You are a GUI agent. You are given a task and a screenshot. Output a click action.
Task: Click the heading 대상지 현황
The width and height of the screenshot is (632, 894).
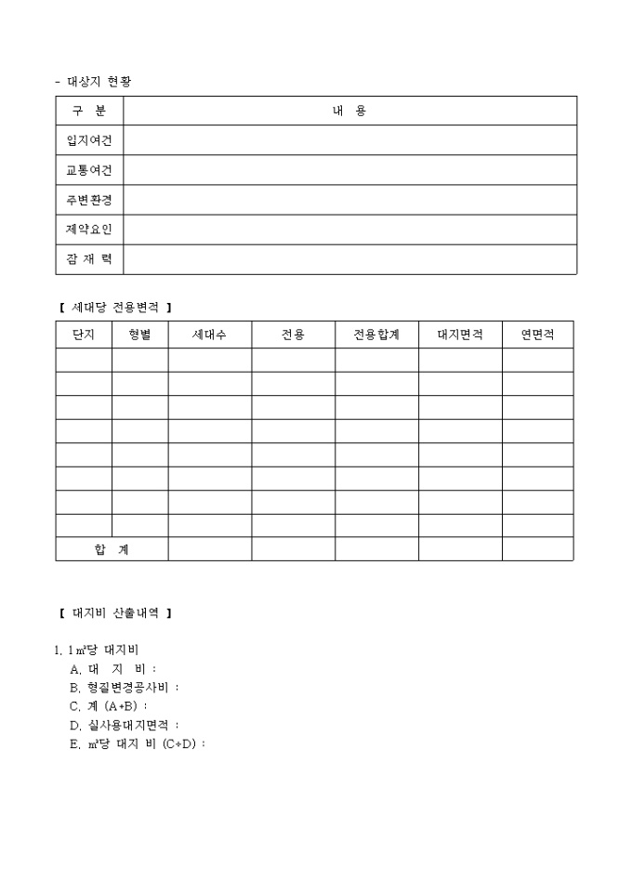click(x=99, y=82)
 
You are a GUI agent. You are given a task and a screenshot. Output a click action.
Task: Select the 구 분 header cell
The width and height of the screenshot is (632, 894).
click(x=89, y=111)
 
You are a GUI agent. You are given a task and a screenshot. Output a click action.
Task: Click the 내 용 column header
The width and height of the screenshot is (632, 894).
click(x=349, y=111)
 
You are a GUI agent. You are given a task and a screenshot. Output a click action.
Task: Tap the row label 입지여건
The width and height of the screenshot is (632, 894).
click(x=89, y=140)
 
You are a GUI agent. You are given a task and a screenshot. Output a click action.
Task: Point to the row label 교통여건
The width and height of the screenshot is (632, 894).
click(x=89, y=170)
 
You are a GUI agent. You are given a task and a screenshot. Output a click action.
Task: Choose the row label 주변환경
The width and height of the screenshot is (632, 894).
click(x=89, y=200)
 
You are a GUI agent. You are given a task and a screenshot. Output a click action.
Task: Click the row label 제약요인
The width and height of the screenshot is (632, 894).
click(x=89, y=230)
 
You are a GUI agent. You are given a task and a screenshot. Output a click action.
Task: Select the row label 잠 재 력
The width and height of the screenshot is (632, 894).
click(x=89, y=259)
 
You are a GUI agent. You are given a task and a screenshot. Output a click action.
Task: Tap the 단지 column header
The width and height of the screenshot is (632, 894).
click(x=84, y=335)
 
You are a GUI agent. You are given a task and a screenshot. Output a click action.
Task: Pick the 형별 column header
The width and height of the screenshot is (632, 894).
click(x=140, y=335)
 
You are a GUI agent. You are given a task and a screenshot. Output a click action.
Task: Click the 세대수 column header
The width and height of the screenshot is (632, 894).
click(x=209, y=335)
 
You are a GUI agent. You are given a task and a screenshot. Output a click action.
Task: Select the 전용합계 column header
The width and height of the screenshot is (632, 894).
click(x=376, y=335)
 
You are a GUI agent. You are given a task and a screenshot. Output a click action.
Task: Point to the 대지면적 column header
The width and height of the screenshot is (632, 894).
click(x=460, y=335)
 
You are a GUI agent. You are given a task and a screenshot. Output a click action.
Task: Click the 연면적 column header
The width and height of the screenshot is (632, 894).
click(x=537, y=335)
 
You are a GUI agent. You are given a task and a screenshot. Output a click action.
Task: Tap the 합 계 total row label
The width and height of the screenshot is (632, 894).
click(x=112, y=549)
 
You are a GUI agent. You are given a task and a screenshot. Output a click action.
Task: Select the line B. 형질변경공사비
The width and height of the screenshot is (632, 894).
click(x=125, y=688)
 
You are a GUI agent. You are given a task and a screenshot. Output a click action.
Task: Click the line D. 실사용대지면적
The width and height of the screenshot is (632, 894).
click(x=125, y=725)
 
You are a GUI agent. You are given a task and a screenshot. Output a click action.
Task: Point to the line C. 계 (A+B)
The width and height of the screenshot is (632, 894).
click(x=109, y=706)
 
